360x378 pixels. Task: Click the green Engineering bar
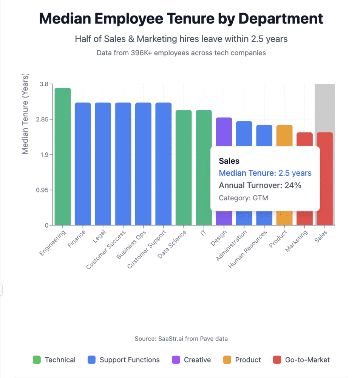(63, 156)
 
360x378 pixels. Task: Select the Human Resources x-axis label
(248, 250)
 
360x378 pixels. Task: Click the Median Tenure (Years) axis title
(25, 115)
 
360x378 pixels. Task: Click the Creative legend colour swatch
(176, 360)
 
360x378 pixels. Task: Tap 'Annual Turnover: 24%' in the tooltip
(260, 186)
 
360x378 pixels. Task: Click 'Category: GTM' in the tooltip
(243, 198)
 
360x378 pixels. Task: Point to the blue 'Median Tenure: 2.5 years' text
(265, 173)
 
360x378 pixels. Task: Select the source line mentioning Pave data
(181, 339)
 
